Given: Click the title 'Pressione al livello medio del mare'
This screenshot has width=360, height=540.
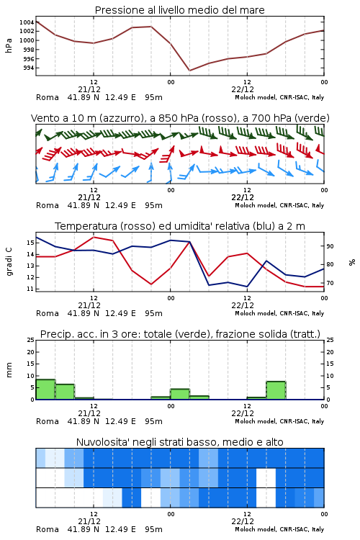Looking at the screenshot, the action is [x=179, y=10].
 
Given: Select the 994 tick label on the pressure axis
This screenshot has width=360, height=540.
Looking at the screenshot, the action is [x=29, y=68].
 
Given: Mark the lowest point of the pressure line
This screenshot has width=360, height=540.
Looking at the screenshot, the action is [x=189, y=71].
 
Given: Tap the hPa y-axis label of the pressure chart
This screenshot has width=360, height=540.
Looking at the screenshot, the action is [x=9, y=45].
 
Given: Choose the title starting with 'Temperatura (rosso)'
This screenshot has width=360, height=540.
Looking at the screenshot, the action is [x=179, y=226].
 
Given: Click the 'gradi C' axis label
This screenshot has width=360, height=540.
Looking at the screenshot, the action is [x=9, y=262].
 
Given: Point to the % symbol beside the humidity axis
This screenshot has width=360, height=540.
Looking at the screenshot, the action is [x=352, y=262].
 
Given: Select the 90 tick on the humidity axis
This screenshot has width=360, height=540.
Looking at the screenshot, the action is [x=330, y=246].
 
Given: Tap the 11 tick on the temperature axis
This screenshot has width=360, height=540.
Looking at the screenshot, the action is [x=31, y=289].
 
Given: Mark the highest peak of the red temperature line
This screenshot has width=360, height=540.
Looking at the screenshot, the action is [x=94, y=237].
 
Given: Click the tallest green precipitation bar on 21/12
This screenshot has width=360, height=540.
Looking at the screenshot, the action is [x=45, y=389].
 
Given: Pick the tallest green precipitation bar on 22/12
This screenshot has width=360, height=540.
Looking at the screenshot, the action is [x=276, y=390].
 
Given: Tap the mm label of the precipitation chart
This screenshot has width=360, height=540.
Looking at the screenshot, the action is [x=9, y=370].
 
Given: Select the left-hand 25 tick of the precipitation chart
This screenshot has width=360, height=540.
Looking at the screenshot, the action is [x=31, y=340].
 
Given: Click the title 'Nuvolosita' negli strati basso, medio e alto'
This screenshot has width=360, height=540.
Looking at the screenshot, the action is [x=179, y=442].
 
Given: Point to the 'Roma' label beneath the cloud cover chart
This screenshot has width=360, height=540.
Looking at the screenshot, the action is [x=48, y=529].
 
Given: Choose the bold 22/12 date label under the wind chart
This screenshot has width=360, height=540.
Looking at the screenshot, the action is [x=243, y=197].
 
